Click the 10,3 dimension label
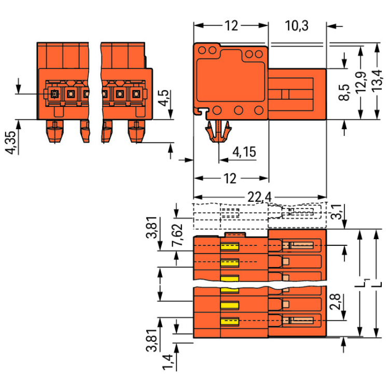pos(297,25)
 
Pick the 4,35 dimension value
pos(10,143)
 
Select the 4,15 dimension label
pos(244,152)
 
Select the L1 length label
pos(364,283)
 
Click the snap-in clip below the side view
pos(220,132)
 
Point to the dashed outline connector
pos(259,216)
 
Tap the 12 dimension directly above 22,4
pos(230,179)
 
